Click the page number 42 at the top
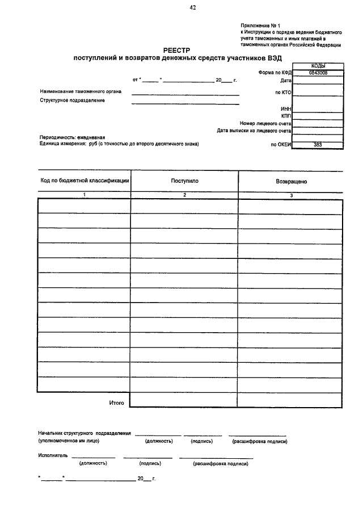point(192,7)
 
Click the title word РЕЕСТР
point(180,51)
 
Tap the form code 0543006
point(318,73)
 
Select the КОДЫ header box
point(318,66)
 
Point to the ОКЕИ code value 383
point(318,145)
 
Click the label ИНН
point(286,108)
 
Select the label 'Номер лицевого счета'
point(265,123)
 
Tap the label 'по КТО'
point(282,91)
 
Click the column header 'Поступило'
point(184,181)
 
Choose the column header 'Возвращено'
point(290,182)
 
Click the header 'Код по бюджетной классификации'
point(85,181)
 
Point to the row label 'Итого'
point(116,403)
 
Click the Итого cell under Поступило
point(184,400)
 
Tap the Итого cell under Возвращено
point(290,400)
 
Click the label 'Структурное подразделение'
point(72,100)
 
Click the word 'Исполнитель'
point(53,455)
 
